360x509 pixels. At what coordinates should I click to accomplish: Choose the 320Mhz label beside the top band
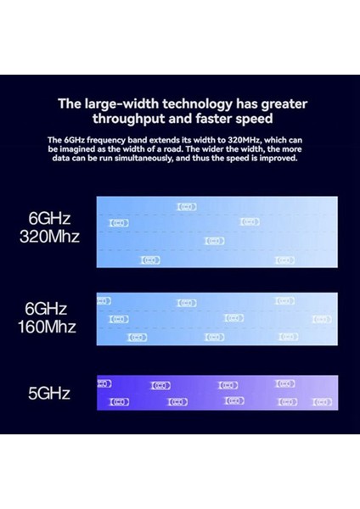(x=49, y=237)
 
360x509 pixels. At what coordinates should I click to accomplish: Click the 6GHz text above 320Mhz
(x=47, y=218)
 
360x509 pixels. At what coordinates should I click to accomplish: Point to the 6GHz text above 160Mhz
(x=47, y=309)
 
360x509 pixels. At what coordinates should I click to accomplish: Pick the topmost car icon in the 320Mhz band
(x=187, y=206)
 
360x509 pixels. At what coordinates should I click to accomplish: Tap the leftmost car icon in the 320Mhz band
(x=120, y=223)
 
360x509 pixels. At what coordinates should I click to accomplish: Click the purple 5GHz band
(x=217, y=392)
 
